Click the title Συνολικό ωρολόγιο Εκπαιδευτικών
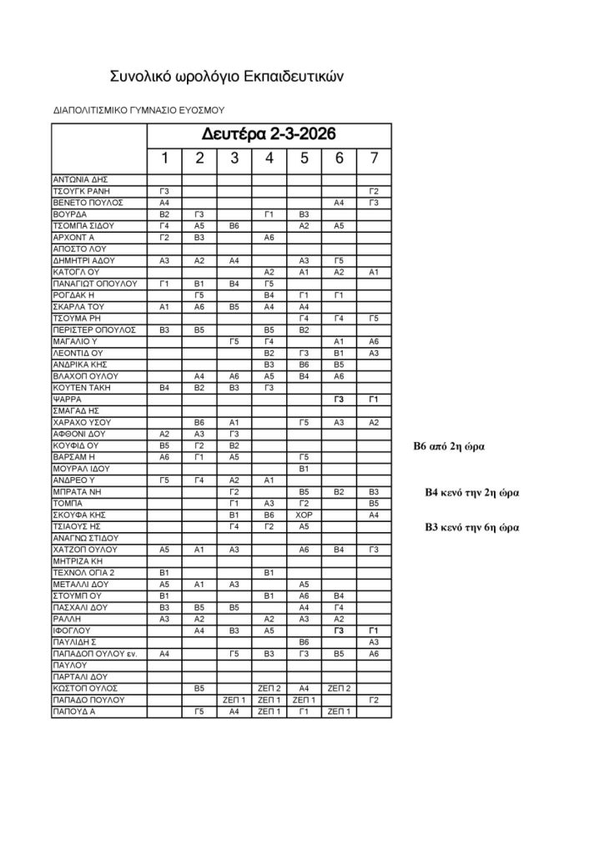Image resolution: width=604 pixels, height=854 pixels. [227, 77]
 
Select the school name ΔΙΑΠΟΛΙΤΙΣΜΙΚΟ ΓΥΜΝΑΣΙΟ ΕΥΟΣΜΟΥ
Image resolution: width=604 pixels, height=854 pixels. [138, 109]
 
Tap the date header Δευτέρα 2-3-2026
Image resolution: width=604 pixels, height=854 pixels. [269, 134]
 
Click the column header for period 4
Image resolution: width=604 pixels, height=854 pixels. [269, 158]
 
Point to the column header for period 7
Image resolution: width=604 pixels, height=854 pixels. [374, 158]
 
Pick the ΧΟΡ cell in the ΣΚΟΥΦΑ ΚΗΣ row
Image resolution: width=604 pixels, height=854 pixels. [304, 515]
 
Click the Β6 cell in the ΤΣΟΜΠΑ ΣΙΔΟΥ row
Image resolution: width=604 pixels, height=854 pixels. [234, 226]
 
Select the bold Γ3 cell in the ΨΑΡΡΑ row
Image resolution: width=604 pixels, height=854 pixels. [339, 400]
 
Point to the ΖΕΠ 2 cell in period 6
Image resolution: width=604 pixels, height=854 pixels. [339, 689]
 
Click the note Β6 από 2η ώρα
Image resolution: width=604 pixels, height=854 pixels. [450, 447]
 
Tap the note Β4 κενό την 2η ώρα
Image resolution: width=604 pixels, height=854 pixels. [472, 493]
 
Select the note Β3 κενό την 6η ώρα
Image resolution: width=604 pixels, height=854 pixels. [472, 527]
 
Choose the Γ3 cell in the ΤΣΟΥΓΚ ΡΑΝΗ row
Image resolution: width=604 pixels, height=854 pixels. [164, 191]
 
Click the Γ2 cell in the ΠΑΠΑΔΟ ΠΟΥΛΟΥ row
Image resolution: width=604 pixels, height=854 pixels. [374, 701]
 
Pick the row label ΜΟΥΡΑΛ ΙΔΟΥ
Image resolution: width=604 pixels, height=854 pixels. [76, 470]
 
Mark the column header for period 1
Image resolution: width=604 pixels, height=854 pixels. [164, 158]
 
